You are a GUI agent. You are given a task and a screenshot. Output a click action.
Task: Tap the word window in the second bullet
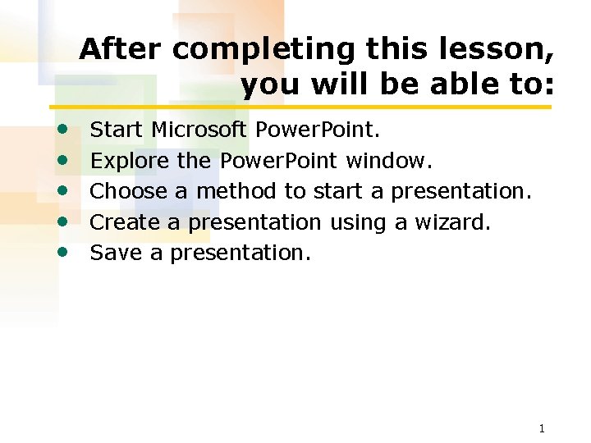[389, 160]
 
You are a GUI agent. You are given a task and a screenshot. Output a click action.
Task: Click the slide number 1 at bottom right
[542, 428]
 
